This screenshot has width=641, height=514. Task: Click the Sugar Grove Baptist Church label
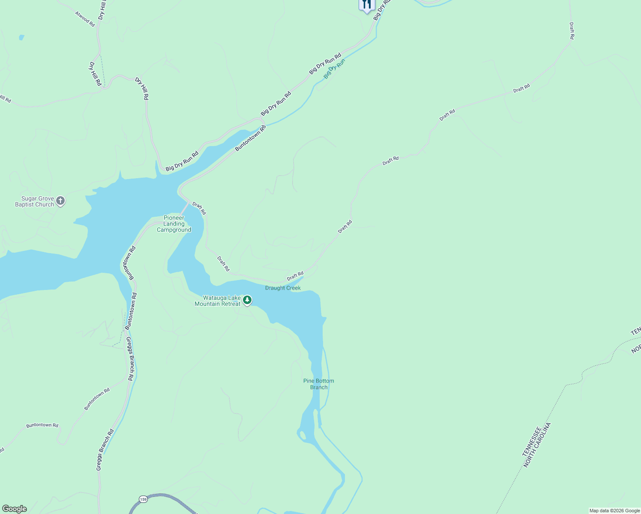tap(35, 202)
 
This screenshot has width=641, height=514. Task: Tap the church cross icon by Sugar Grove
tap(60, 200)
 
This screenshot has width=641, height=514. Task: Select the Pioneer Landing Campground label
tap(174, 224)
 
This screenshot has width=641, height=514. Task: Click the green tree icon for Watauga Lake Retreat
tap(247, 300)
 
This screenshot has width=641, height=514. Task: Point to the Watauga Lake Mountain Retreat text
tap(218, 301)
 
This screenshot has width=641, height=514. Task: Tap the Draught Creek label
tap(283, 288)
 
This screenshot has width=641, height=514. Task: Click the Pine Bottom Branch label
tap(318, 384)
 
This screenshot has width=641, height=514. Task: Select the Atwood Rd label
tap(85, 19)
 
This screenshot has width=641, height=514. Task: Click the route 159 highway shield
tap(143, 499)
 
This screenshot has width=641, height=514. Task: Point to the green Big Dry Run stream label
tap(334, 69)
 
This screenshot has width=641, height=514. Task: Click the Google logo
tap(15, 509)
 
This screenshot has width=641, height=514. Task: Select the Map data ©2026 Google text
tap(614, 511)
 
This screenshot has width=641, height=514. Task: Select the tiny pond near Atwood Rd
tap(21, 38)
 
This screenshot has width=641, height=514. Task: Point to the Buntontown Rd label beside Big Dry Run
tap(251, 138)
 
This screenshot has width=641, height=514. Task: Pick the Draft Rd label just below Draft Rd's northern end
tap(572, 31)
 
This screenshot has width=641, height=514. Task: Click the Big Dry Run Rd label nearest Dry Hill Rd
tap(182, 161)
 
